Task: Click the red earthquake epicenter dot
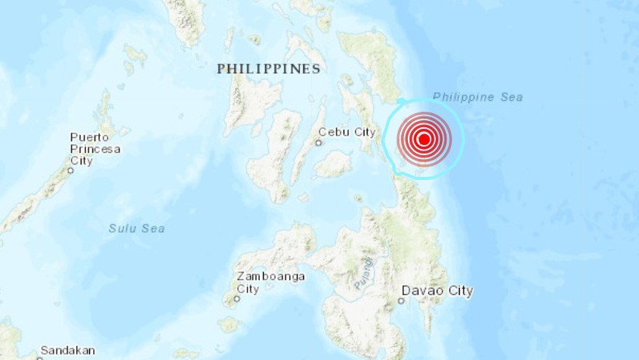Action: point(423,139)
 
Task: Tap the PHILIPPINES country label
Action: point(268,69)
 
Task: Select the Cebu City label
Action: point(347,132)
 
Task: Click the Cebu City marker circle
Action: point(318,143)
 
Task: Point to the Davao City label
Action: point(437,291)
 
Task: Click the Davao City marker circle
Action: point(402,300)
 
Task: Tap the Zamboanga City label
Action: point(271,282)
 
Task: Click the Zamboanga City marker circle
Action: point(236,297)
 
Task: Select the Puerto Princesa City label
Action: point(95,149)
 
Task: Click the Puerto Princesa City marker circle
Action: point(71,170)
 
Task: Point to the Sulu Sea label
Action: point(136,228)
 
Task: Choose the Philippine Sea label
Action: point(478,97)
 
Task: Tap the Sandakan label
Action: point(67,350)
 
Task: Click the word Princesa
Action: point(95,149)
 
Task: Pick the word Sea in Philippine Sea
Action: point(510,97)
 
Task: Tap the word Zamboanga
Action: point(271,276)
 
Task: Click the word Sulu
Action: point(123,228)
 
